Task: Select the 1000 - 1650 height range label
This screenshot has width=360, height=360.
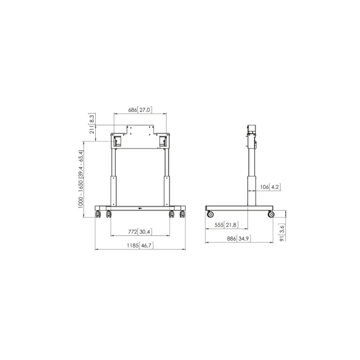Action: pos(81,179)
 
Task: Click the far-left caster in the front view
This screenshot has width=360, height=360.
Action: pos(98,214)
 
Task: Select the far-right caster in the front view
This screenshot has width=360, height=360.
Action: pos(182,214)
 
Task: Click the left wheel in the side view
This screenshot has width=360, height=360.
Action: pos(210,214)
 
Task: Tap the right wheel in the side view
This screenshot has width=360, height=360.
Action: pos(271,214)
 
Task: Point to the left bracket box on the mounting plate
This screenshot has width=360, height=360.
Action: pos(117,141)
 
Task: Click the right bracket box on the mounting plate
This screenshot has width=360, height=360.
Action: pos(163,141)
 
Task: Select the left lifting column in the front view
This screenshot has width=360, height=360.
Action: pos(114,177)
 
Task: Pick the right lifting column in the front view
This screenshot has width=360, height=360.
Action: pos(167,177)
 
